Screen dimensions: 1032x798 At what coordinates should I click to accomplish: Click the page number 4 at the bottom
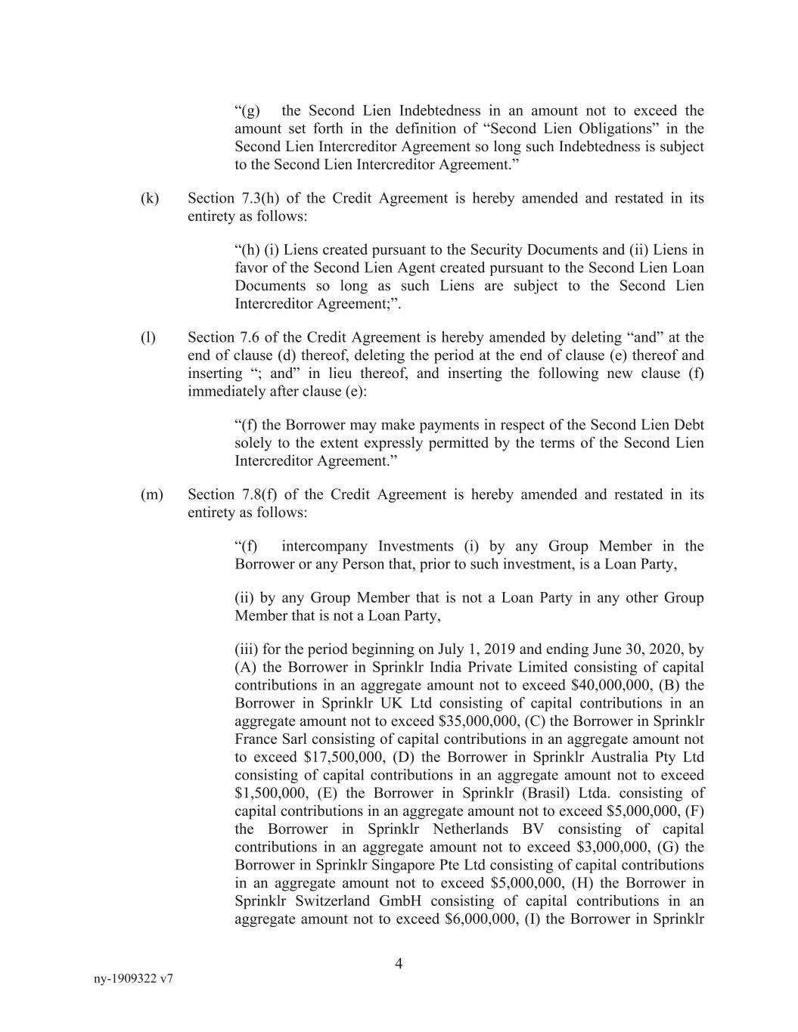399,964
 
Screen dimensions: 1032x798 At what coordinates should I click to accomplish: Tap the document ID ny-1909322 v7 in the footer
133,978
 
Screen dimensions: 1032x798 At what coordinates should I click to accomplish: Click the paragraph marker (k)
149,199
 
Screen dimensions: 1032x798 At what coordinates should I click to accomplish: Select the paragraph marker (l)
147,338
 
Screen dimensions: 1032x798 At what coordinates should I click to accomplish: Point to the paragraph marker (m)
151,495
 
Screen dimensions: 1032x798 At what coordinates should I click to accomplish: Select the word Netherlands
478,829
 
